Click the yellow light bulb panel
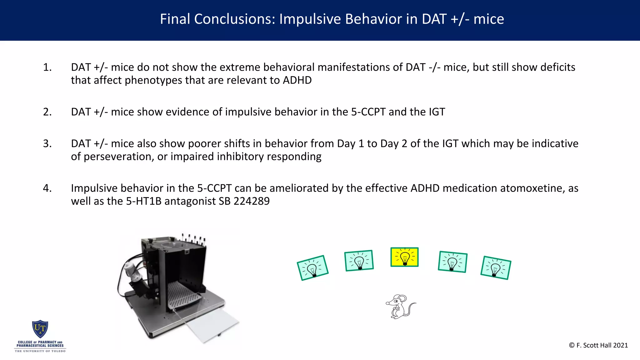tap(404, 257)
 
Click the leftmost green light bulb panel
tap(312, 268)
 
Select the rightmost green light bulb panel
tap(496, 268)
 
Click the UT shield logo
tap(40, 329)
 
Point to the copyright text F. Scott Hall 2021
tap(598, 345)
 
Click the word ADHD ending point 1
tap(297, 80)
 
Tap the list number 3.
tap(47, 143)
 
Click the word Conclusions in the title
tap(235, 19)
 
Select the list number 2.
tap(47, 112)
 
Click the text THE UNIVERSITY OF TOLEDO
tap(40, 351)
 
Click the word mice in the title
tap(489, 19)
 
